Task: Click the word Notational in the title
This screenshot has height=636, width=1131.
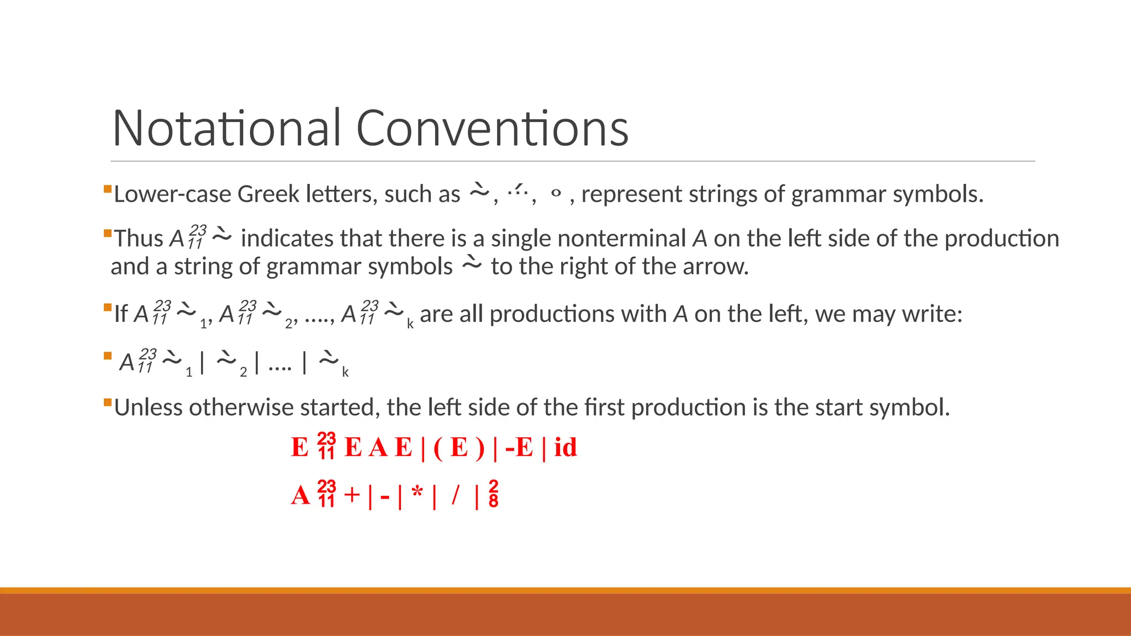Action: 227,128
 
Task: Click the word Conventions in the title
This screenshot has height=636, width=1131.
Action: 492,128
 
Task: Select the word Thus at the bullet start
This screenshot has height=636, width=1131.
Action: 139,239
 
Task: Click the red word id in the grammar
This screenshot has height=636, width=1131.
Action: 565,447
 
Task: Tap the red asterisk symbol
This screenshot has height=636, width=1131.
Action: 417,492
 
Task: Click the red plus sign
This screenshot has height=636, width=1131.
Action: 352,495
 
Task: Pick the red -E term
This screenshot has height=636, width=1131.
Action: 519,447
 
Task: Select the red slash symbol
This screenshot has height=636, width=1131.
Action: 455,494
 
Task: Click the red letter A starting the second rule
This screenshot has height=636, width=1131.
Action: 300,495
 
